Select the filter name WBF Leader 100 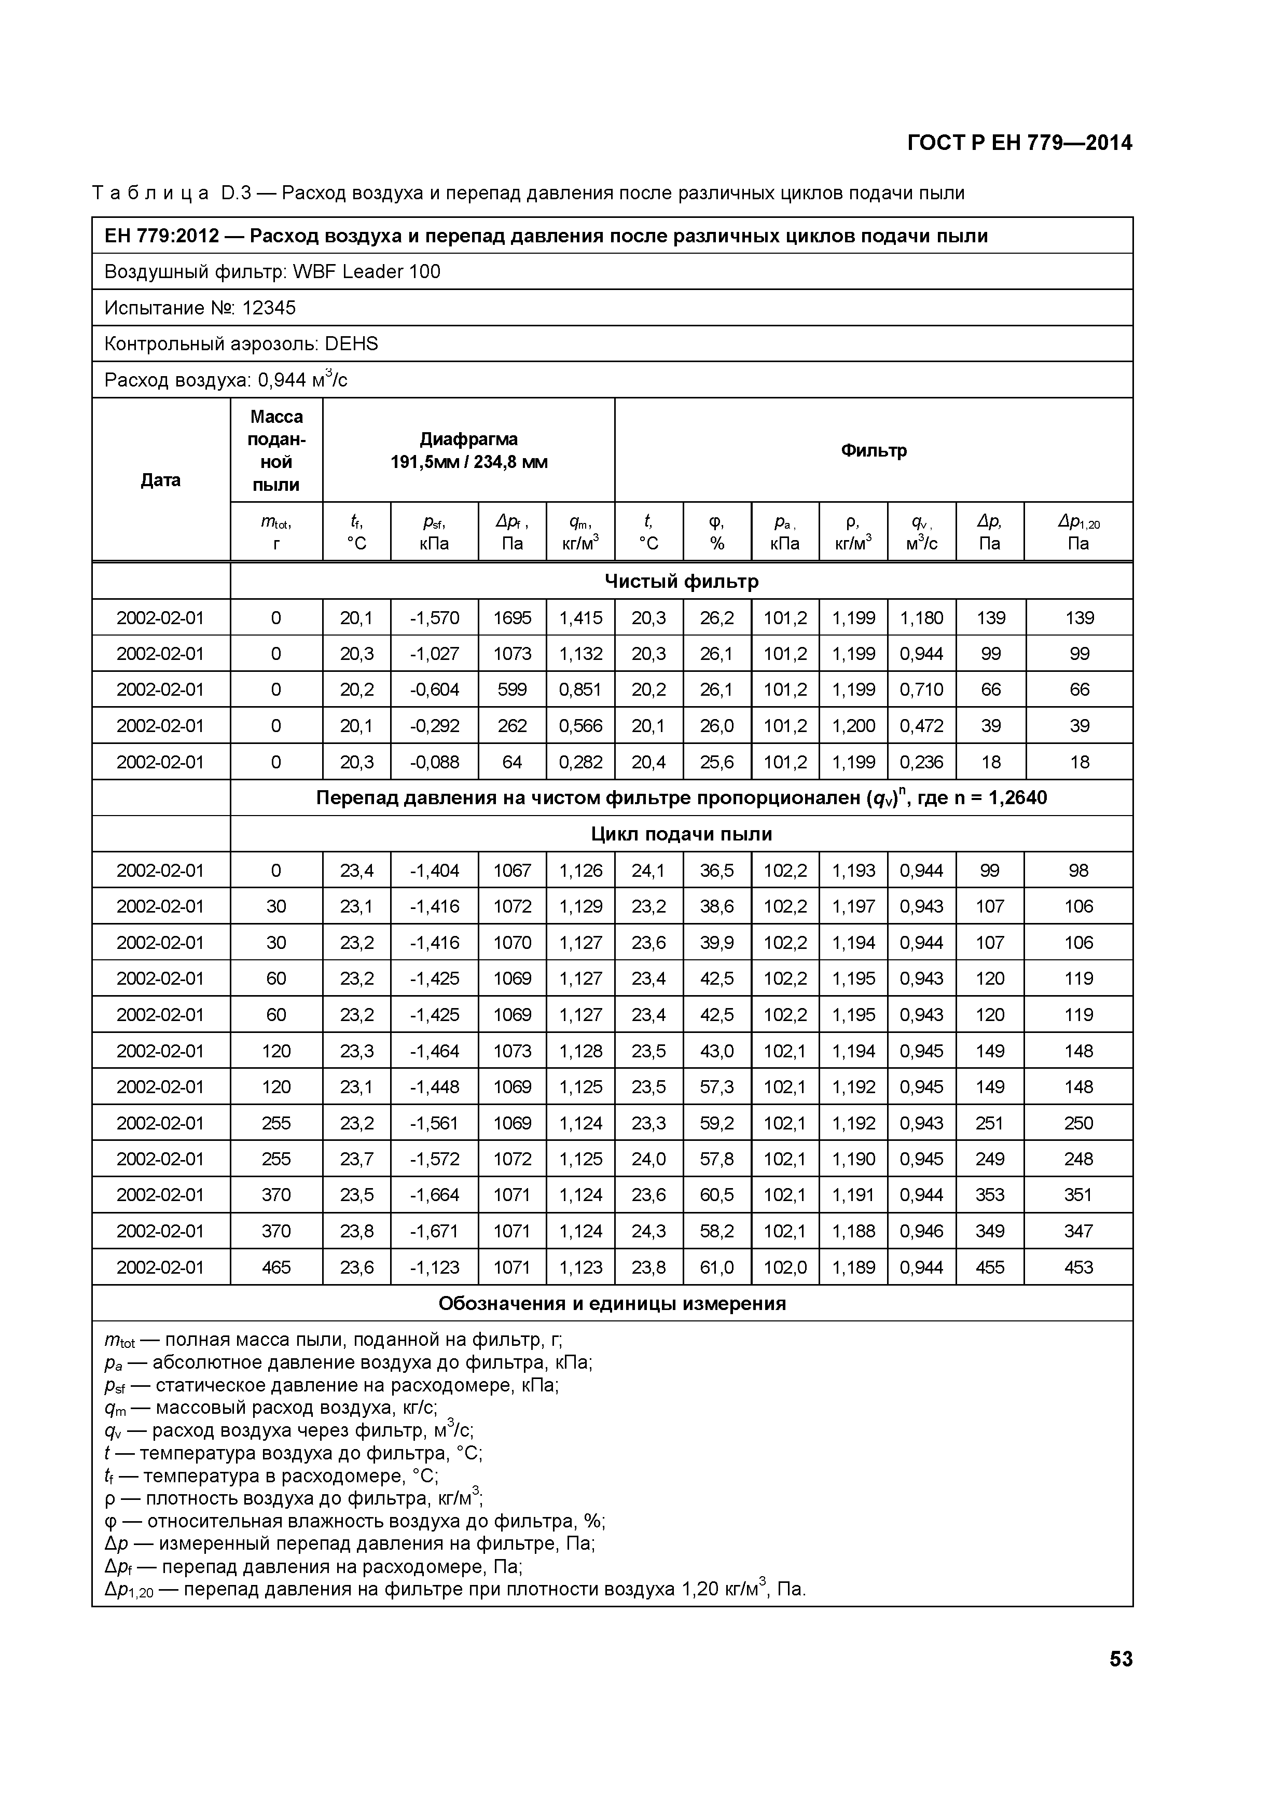(366, 272)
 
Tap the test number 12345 (269, 308)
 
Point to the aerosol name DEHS (351, 344)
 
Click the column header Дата (160, 479)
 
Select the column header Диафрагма (468, 439)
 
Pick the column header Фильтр (874, 450)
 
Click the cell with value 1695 (512, 617)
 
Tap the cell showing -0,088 (434, 762)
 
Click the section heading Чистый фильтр (682, 581)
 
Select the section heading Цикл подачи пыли (682, 834)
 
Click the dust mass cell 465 (276, 1267)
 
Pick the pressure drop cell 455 (990, 1267)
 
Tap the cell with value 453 (1078, 1267)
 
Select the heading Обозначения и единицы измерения (612, 1304)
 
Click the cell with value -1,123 (434, 1267)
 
